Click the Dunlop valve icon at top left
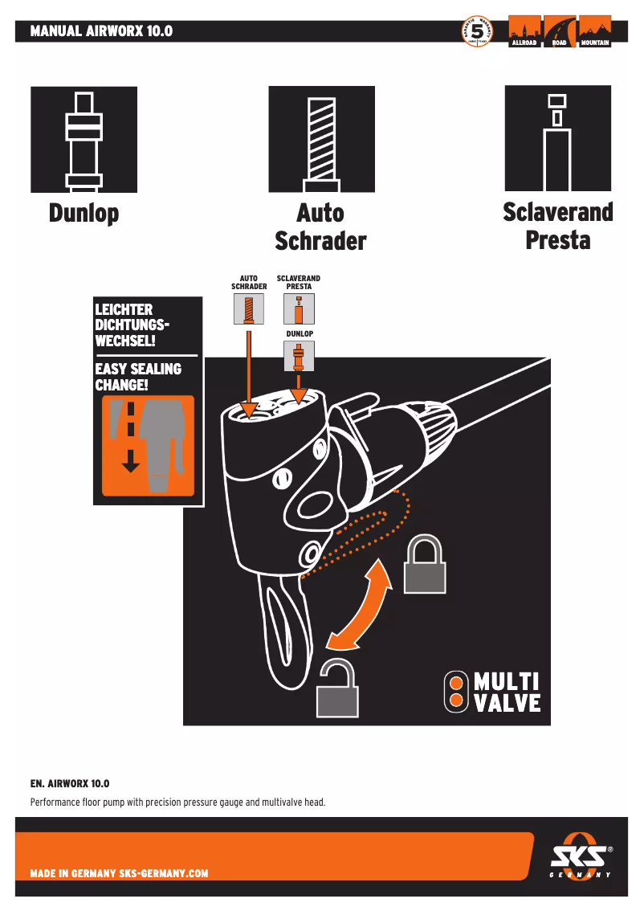84,140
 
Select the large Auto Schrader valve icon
321,140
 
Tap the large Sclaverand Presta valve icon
557,138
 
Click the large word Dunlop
84,214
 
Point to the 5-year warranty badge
477,32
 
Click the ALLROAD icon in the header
524,32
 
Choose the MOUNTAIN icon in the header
595,32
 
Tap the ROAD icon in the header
560,32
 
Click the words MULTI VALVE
506,692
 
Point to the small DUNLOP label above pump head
300,333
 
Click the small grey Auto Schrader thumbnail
249,309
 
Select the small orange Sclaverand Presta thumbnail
299,309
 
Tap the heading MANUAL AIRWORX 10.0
101,32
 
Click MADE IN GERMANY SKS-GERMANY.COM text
119,873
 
